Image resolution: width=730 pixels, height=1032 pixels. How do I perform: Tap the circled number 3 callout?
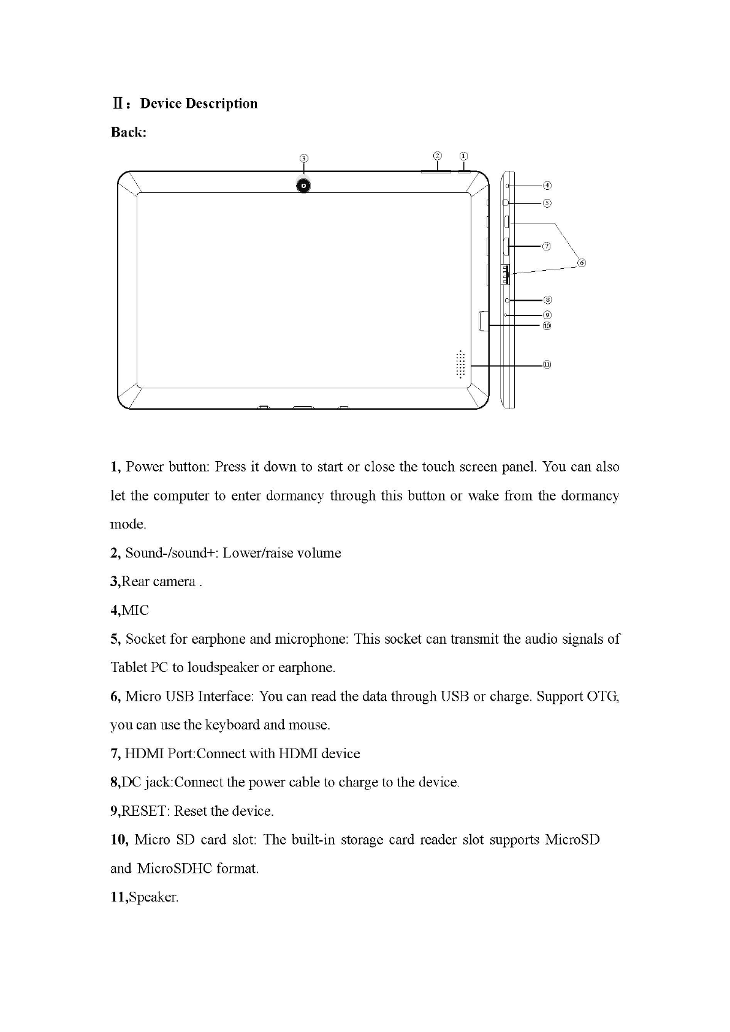[x=303, y=158]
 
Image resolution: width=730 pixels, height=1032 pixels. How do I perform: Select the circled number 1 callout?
[x=464, y=156]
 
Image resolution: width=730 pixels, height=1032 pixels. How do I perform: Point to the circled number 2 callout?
[x=438, y=156]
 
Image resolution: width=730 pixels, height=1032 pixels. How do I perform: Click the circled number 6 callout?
[x=582, y=263]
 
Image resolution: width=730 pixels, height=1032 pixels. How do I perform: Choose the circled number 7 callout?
[x=547, y=246]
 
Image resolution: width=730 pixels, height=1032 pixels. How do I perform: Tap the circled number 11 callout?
[x=547, y=365]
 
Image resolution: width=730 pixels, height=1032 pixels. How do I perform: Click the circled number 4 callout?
[x=547, y=185]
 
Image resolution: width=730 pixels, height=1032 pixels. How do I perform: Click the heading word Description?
[x=221, y=104]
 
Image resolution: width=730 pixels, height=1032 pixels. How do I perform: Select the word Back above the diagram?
[x=127, y=132]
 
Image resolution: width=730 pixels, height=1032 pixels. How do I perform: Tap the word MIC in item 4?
[x=135, y=610]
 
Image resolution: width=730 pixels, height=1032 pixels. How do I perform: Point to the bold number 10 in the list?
[x=118, y=839]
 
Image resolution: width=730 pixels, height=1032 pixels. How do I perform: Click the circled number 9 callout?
[x=547, y=315]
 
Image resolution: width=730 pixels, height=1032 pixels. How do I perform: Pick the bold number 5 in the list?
[x=115, y=639]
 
